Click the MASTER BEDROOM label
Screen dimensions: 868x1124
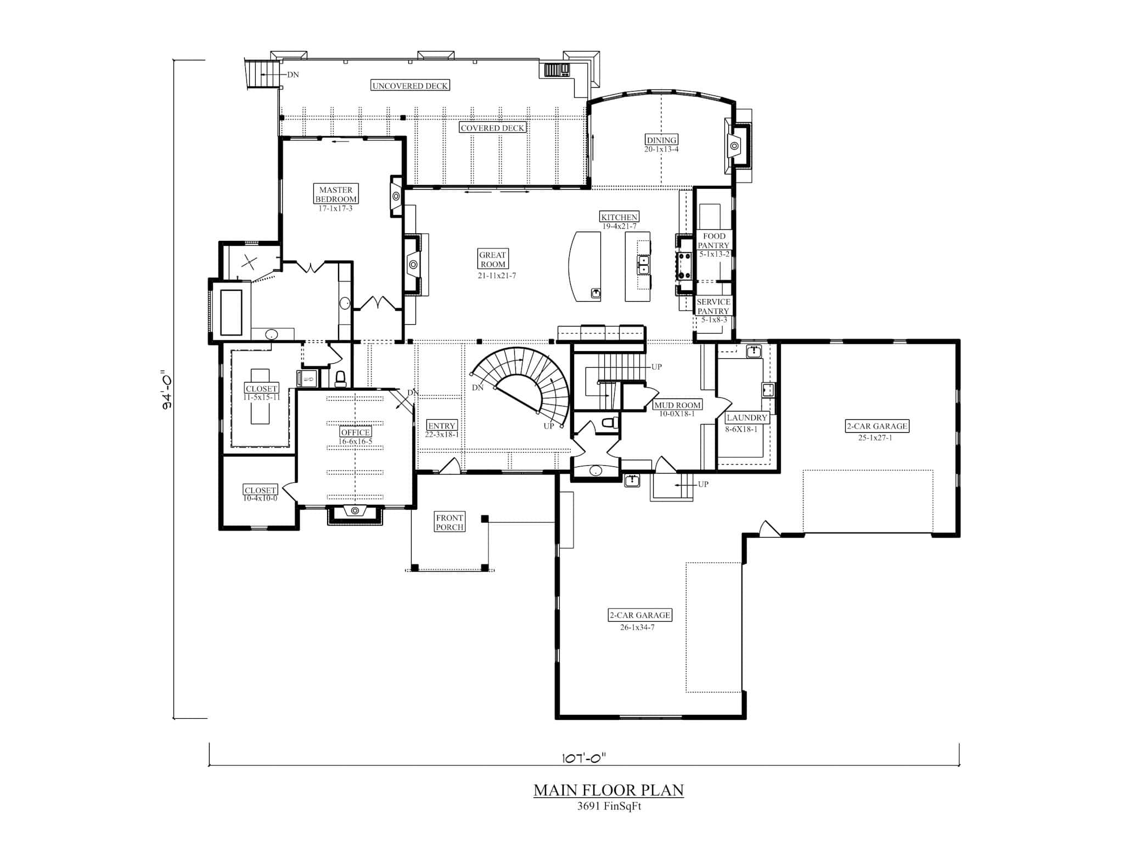click(336, 194)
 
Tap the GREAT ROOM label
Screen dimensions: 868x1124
click(492, 259)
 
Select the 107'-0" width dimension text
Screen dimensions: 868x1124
click(583, 758)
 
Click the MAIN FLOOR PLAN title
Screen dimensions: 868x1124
click(609, 790)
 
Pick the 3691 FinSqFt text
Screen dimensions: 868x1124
click(609, 807)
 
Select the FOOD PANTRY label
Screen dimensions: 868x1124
click(713, 240)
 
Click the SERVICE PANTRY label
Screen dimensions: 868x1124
click(713, 306)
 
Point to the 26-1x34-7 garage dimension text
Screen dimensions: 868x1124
click(637, 627)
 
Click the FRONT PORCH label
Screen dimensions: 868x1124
click(449, 522)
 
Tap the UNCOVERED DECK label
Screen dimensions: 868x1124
click(410, 86)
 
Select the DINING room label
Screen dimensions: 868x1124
click(661, 140)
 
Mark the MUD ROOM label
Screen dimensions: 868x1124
click(677, 405)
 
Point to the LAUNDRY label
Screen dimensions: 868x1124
click(746, 418)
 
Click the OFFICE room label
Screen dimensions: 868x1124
click(355, 432)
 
